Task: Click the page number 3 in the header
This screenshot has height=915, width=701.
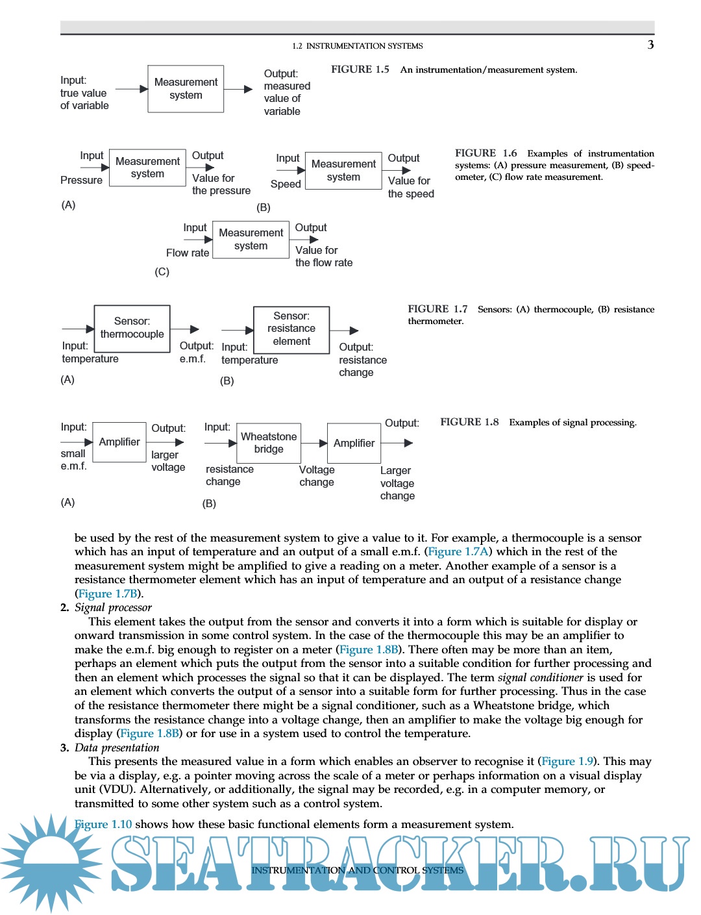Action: click(650, 45)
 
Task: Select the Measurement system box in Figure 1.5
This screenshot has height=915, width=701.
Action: click(186, 89)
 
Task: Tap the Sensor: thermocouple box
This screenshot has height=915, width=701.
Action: click(132, 329)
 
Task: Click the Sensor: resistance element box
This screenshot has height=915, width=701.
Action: click(291, 329)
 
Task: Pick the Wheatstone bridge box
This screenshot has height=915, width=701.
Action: click(269, 443)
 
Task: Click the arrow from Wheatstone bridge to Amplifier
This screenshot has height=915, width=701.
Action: click(314, 444)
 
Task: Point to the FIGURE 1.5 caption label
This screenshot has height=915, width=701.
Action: click(360, 69)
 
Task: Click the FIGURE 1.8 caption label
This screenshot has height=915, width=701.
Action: click(469, 422)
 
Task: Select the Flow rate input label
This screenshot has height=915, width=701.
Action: click(188, 253)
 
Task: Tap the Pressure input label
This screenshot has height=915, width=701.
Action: click(81, 180)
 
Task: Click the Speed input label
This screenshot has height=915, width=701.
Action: click(286, 184)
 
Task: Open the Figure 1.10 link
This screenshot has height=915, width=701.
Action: click(103, 824)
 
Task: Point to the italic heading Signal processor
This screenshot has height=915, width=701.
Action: click(113, 607)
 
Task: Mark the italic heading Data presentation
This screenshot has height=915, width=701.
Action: click(117, 747)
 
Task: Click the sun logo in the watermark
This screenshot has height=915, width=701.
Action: click(51, 862)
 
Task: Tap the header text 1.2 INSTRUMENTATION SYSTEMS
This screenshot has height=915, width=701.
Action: click(358, 46)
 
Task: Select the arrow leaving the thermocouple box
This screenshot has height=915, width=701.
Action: click(185, 329)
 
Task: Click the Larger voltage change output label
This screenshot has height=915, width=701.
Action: click(397, 483)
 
